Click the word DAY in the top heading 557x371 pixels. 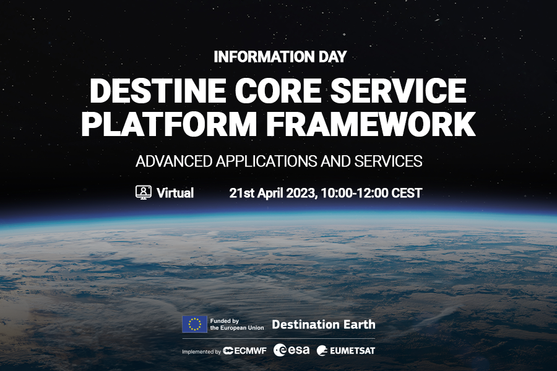pos(332,57)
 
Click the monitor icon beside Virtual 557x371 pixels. pos(144,192)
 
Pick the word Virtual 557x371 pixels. pos(175,193)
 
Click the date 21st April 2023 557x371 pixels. pos(273,193)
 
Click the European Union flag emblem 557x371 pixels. pos(194,324)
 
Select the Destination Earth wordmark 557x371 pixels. pos(323,324)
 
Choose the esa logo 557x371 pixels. pos(292,351)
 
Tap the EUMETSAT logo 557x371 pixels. pos(346,351)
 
